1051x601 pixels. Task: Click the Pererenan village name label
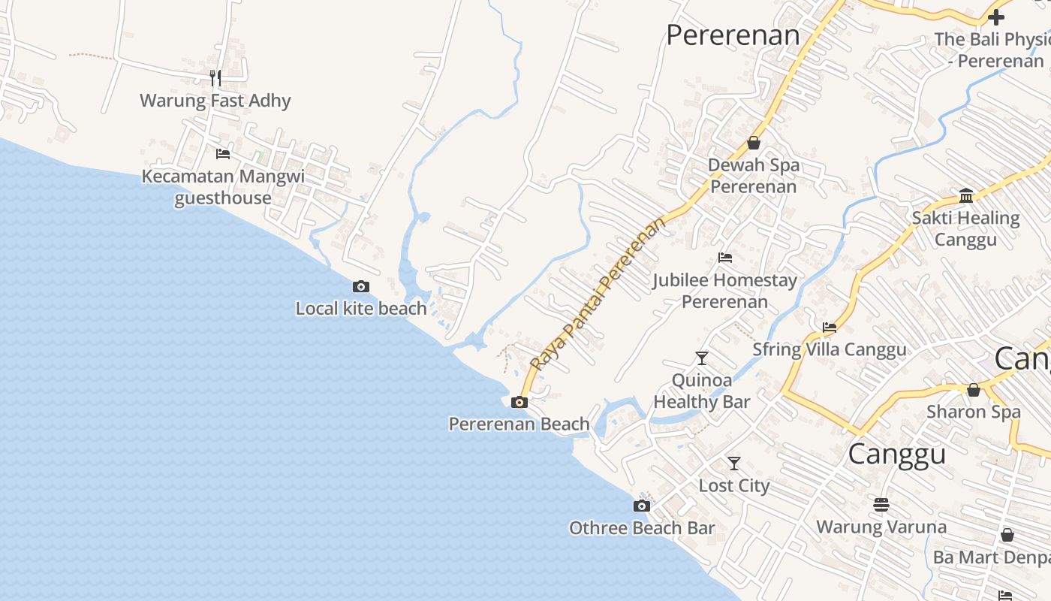(x=733, y=35)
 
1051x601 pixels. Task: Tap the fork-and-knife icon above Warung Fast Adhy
(x=215, y=78)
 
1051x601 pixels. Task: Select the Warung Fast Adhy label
(x=215, y=101)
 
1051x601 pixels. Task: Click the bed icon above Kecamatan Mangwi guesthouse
(x=223, y=154)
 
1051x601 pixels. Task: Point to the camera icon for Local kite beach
(x=361, y=286)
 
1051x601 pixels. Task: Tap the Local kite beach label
(x=361, y=308)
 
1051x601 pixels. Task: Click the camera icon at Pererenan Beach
(x=519, y=402)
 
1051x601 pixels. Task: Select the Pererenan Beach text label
(x=519, y=424)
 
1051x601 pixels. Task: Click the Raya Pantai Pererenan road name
(x=598, y=294)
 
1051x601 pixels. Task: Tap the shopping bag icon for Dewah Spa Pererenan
(x=754, y=143)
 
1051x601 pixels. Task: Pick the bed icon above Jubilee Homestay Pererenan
(x=724, y=258)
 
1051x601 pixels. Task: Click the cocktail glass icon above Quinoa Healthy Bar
(x=701, y=358)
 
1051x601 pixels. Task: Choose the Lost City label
(x=734, y=485)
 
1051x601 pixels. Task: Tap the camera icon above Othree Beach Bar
(x=641, y=506)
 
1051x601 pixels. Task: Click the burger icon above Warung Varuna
(x=881, y=503)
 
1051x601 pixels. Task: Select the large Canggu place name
(x=896, y=455)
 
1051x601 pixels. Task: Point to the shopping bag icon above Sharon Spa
(x=974, y=390)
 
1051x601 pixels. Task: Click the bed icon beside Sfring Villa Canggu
(x=830, y=327)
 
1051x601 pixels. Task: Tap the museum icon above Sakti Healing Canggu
(x=966, y=196)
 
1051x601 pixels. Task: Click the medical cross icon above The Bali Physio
(x=996, y=17)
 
